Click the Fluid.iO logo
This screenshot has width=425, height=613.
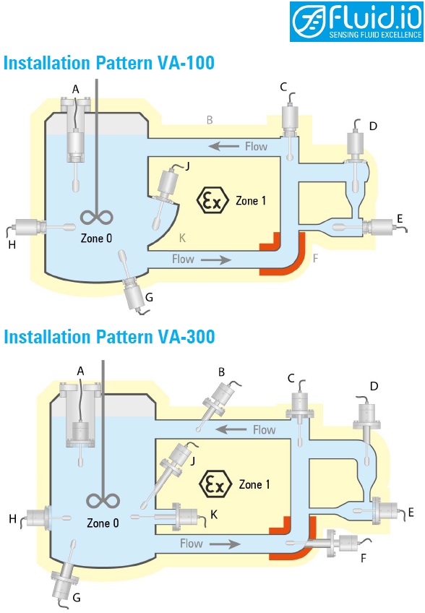(x=356, y=21)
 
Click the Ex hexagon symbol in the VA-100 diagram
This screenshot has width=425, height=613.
(x=212, y=200)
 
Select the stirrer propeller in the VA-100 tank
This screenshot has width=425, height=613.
(x=97, y=217)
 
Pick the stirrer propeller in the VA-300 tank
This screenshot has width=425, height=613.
(x=103, y=501)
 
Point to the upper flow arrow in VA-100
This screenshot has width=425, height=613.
(x=223, y=146)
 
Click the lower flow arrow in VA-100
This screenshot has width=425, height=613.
(x=216, y=260)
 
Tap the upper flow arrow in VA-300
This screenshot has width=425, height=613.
(x=231, y=429)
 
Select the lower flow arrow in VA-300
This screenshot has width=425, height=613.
(x=225, y=544)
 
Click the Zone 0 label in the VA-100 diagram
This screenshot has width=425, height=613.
(x=96, y=238)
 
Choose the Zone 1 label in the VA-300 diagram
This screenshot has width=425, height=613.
(x=254, y=484)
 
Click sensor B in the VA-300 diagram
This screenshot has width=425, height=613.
(x=216, y=406)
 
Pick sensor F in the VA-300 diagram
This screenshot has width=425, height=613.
(x=327, y=542)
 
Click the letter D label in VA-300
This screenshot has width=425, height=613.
(x=374, y=386)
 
